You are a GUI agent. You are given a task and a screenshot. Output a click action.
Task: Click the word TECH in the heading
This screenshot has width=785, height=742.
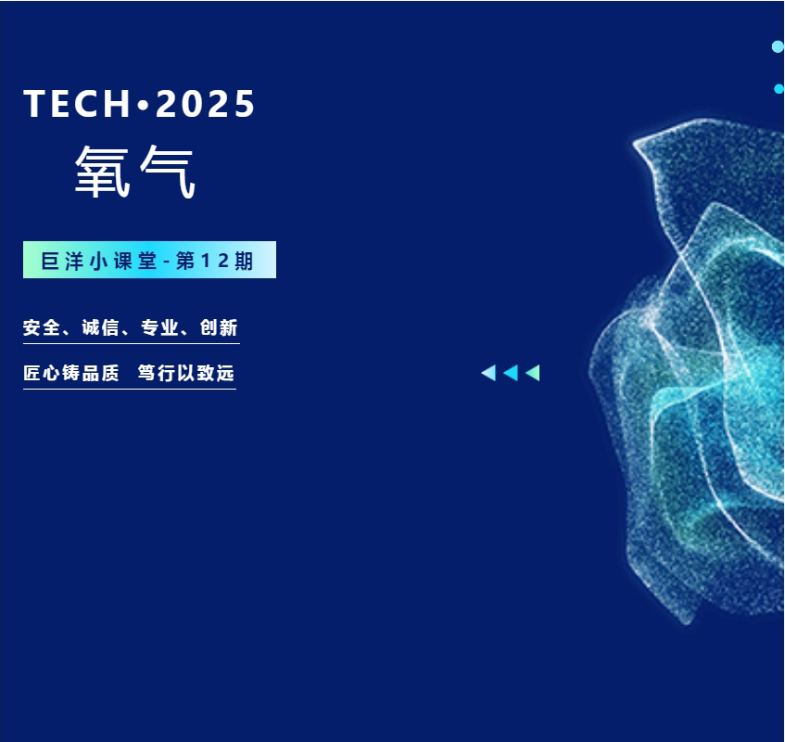click(x=78, y=104)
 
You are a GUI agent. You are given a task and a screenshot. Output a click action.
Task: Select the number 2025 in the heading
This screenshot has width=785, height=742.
click(x=205, y=104)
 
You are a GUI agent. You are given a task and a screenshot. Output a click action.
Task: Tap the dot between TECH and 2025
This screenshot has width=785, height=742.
click(x=144, y=105)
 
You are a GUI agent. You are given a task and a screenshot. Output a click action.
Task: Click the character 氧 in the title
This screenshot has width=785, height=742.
click(x=103, y=172)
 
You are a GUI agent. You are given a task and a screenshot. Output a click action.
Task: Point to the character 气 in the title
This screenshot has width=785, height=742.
click(x=167, y=172)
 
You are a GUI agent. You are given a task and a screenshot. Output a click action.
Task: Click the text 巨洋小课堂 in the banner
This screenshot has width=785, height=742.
click(x=98, y=261)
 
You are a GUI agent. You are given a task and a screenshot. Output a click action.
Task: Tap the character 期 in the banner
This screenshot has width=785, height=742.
click(x=244, y=261)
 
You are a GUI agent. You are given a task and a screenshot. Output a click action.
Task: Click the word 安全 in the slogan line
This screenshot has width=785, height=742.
click(x=42, y=327)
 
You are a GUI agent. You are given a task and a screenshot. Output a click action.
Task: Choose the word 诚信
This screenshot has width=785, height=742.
click(x=100, y=327)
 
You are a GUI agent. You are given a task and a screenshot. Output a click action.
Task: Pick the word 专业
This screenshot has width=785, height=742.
click(x=159, y=327)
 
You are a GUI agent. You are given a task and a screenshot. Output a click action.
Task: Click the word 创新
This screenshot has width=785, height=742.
click(x=219, y=327)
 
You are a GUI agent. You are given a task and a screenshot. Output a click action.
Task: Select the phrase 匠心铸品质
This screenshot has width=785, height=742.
click(x=71, y=373)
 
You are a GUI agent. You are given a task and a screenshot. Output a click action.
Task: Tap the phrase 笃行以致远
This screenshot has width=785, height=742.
click(x=185, y=373)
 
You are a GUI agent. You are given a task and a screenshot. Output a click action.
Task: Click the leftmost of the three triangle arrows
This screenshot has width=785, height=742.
click(x=488, y=373)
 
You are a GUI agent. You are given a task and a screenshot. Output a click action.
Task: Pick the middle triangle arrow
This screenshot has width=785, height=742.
click(x=511, y=373)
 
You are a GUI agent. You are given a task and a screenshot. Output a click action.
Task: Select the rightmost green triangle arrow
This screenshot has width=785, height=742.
click(x=533, y=373)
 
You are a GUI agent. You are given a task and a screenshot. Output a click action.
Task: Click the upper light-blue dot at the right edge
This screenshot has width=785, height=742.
click(x=778, y=46)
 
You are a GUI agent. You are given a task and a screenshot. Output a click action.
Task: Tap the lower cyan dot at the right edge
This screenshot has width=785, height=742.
click(x=779, y=89)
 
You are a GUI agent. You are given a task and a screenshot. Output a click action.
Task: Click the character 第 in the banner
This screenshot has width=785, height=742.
click(x=185, y=261)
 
